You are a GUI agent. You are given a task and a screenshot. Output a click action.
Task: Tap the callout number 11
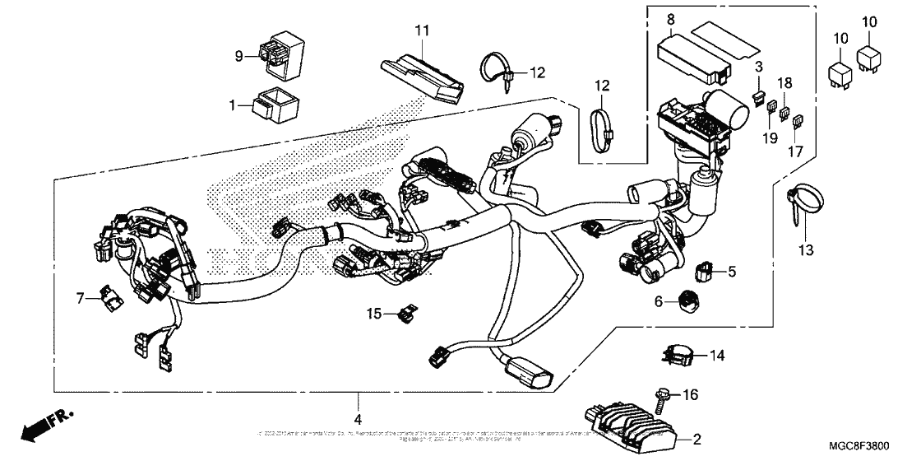pos(422,31)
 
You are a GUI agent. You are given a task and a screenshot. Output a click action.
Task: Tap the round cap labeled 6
pos(687,302)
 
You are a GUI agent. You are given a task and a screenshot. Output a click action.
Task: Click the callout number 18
pos(785,83)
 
